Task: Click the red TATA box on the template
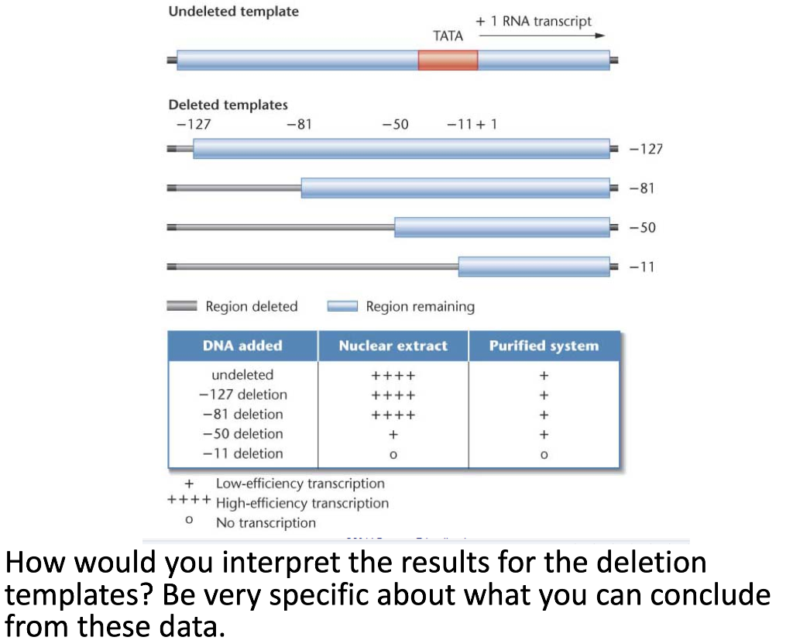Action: [448, 60]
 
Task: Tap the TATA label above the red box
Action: [448, 36]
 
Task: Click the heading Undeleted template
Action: [233, 12]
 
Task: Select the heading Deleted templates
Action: [228, 105]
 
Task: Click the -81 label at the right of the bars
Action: [643, 188]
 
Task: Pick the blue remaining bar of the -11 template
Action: [534, 267]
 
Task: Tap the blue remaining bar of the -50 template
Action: [502, 227]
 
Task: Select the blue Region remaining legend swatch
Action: [342, 307]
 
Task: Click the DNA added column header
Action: [242, 346]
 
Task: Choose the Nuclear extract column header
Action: [393, 346]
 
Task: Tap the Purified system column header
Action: [544, 346]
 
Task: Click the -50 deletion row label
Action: [242, 434]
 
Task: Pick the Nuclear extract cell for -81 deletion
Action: [393, 415]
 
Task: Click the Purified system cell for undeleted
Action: [544, 376]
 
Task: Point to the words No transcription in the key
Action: [266, 523]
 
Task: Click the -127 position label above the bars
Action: [194, 124]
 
